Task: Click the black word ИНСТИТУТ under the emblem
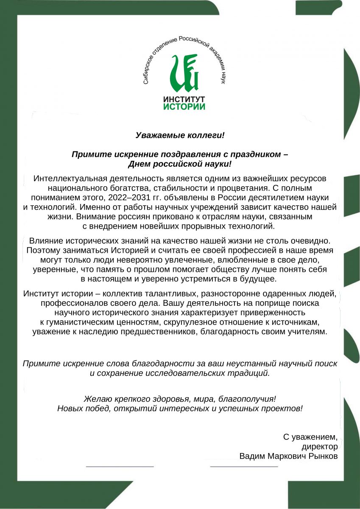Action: (184, 99)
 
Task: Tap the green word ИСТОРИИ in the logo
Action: (184, 106)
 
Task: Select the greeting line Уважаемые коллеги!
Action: (180, 135)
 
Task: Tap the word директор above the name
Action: (320, 447)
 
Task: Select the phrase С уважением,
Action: (310, 437)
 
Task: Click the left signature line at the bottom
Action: (120, 466)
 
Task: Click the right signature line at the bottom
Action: (244, 466)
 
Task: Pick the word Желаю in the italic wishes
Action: (98, 399)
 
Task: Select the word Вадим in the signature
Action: (251, 456)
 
